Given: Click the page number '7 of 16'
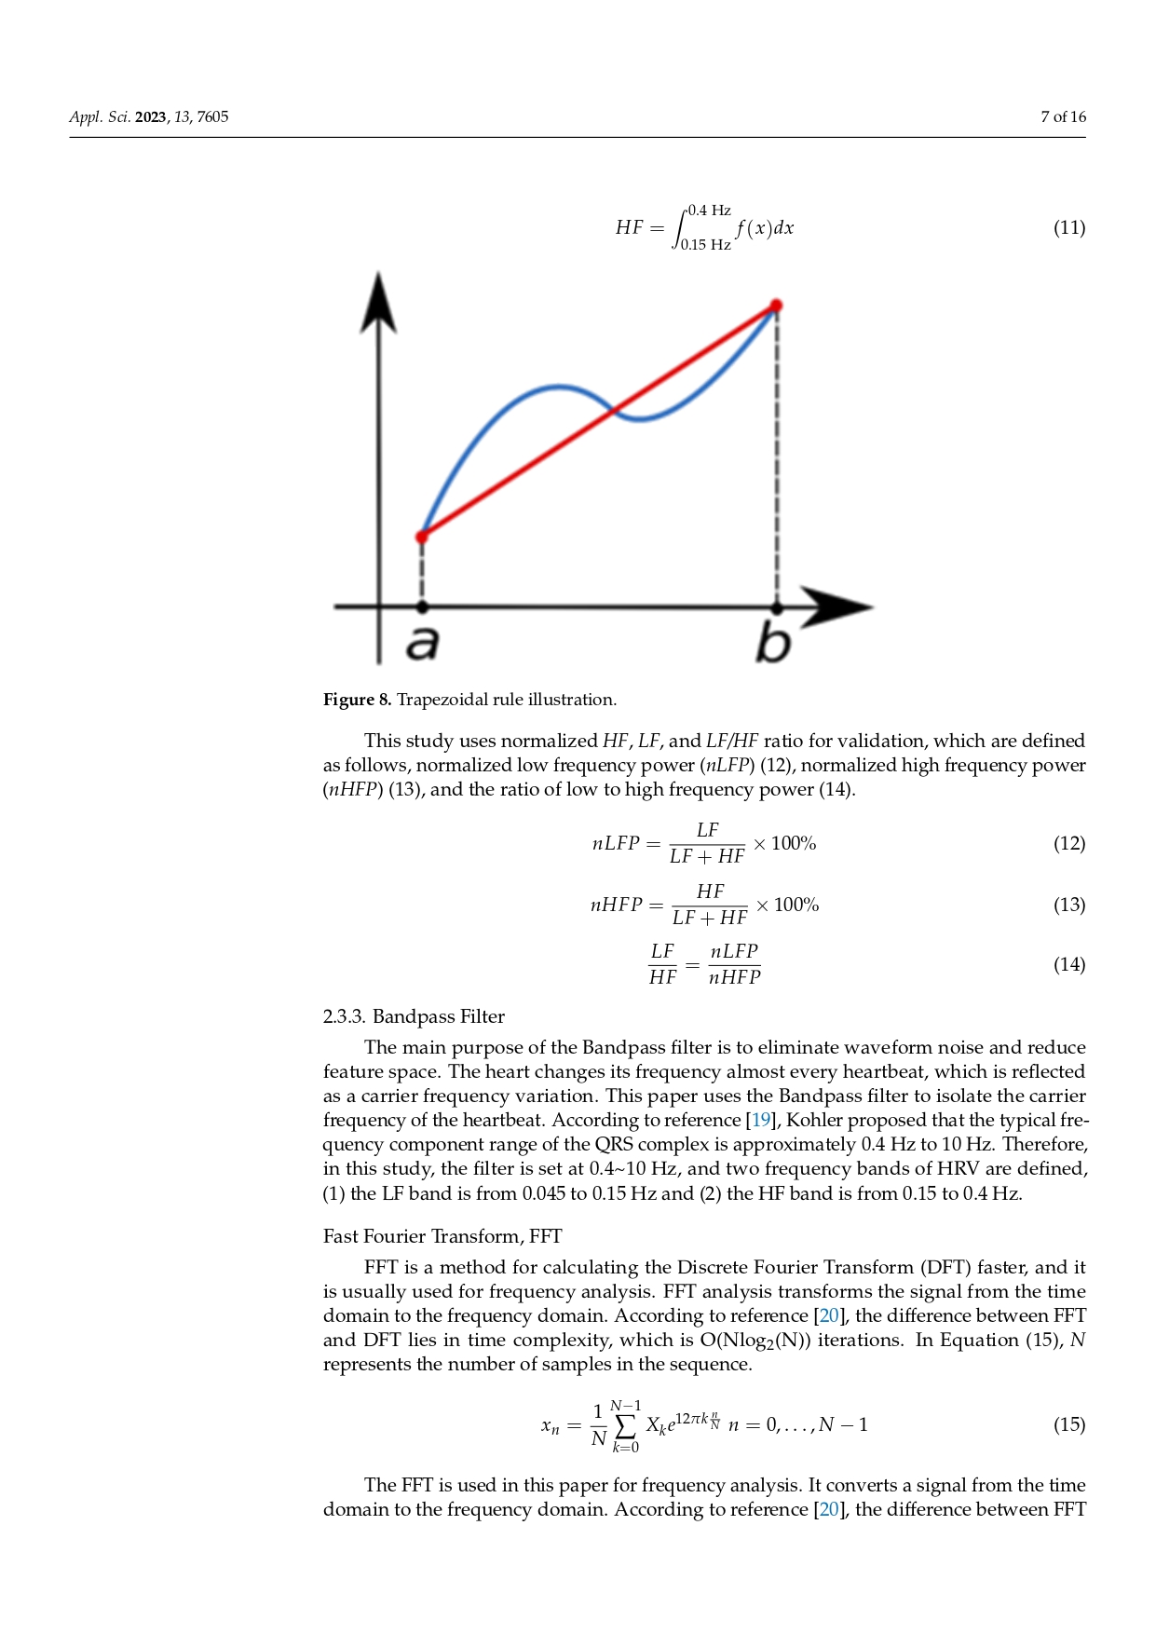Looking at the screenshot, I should click(x=1063, y=117).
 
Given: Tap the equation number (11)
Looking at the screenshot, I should click(x=1068, y=228).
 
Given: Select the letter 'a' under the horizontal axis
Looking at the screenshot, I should click(x=422, y=643).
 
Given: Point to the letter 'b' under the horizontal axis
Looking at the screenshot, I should click(x=773, y=643).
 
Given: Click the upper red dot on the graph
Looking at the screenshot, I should click(x=776, y=306).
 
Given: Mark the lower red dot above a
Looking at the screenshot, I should click(x=422, y=537).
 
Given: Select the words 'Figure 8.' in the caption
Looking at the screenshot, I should click(x=357, y=700).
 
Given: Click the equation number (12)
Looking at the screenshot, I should click(x=1068, y=844).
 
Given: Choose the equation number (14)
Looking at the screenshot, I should click(x=1068, y=965).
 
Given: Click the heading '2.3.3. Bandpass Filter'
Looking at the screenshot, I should click(x=414, y=1016).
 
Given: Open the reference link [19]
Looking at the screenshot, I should click(x=761, y=1121).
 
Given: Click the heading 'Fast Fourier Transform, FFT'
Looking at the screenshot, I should click(x=442, y=1236).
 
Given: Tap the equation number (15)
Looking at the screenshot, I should click(x=1068, y=1425).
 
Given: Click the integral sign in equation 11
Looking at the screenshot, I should click(x=680, y=228).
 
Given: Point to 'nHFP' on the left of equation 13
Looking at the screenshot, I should click(x=616, y=906).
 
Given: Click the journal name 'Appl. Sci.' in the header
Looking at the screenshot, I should click(x=100, y=117).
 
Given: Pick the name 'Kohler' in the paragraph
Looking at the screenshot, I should click(x=817, y=1121).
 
